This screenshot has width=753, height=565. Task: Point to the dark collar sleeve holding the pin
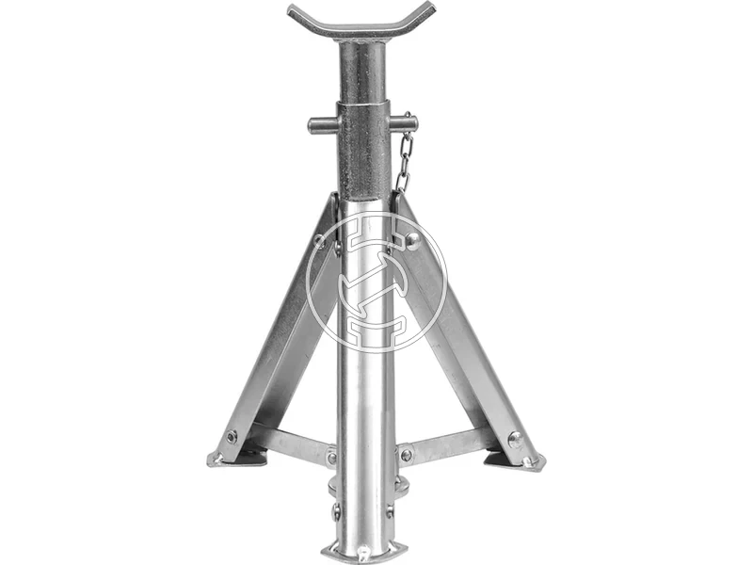tap(363, 151)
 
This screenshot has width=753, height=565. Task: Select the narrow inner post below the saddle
tap(362, 71)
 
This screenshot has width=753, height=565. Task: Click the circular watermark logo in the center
tap(376, 282)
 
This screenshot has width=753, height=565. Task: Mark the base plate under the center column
tap(363, 551)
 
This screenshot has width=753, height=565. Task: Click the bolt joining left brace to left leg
tap(232, 437)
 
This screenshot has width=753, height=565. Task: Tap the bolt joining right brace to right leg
tap(514, 438)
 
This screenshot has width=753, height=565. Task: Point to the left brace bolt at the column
tap(331, 459)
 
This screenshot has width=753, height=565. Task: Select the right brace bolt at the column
tap(406, 455)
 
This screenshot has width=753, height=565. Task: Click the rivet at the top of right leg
tap(411, 239)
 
